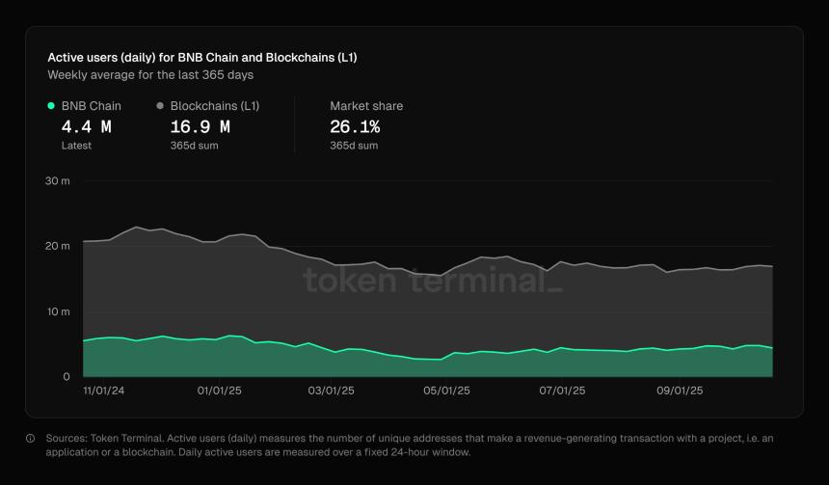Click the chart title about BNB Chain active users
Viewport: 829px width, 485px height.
pos(202,57)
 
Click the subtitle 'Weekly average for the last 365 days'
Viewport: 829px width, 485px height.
pos(150,74)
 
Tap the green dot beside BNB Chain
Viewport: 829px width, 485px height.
pos(51,106)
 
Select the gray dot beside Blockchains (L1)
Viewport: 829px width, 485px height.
pos(160,106)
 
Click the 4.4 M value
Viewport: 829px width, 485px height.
pos(86,126)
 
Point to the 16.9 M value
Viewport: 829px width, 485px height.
pos(200,126)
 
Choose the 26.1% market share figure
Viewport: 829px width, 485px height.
pos(355,126)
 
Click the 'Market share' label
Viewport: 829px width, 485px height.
pos(366,106)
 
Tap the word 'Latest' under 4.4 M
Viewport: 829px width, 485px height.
pos(76,146)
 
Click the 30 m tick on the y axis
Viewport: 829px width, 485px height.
pos(58,181)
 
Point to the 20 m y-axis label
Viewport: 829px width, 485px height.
pos(58,246)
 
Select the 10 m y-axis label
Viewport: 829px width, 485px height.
pos(58,311)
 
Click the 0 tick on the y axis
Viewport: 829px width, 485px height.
pos(66,377)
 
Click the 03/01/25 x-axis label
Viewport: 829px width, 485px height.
pos(332,391)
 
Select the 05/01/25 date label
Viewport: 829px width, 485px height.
pos(446,391)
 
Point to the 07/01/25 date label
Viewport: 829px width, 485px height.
pos(562,391)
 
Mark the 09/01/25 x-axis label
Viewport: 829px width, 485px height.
pos(680,391)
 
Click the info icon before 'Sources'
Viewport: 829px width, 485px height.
pos(30,439)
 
